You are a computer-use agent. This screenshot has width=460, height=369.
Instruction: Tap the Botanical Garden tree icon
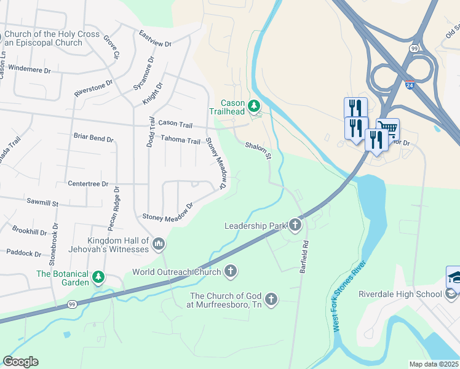[x=98, y=278]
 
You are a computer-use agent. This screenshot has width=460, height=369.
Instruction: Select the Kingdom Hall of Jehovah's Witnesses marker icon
[x=159, y=245]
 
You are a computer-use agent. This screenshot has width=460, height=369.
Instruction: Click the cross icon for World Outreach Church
[x=231, y=271]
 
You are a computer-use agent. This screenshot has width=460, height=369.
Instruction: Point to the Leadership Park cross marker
[x=295, y=226]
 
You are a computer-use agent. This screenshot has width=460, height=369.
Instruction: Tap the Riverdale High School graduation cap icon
[x=453, y=277]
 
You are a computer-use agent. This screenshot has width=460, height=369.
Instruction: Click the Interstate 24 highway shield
[x=410, y=82]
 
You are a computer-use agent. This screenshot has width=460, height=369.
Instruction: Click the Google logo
[x=20, y=362]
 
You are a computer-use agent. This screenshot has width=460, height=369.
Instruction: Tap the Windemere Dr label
[x=30, y=70]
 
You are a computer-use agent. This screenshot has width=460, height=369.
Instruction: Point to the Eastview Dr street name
[x=155, y=39]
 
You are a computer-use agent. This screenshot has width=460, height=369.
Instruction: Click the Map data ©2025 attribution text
[x=434, y=364]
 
